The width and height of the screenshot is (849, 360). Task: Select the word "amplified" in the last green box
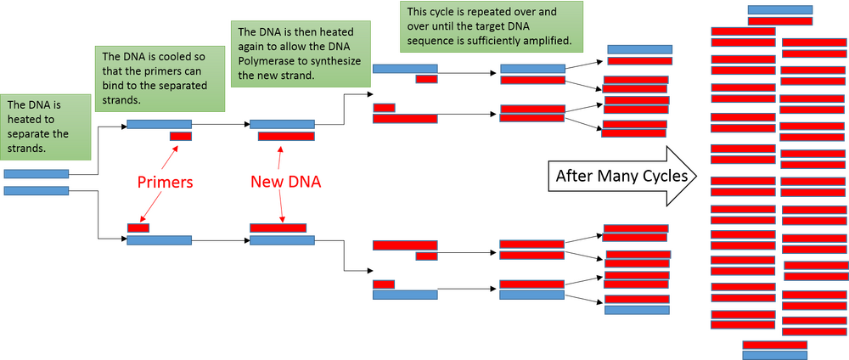543,41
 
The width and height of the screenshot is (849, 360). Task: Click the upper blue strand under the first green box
37,174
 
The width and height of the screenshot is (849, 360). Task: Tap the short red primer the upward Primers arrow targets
180,137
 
